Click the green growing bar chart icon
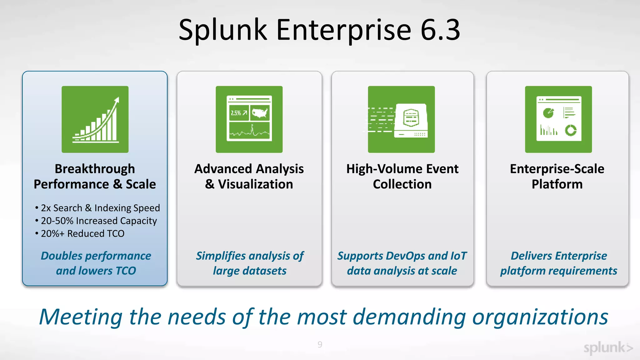[95, 119]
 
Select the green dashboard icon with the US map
[249, 119]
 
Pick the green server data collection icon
[401, 119]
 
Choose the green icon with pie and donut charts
[558, 119]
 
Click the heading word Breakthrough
[95, 169]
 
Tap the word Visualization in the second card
[255, 184]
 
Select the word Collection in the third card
[402, 184]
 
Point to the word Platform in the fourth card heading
[557, 184]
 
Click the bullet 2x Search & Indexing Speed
[100, 208]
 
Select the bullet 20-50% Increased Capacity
[98, 221]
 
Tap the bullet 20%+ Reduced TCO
[82, 234]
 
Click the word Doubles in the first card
[62, 256]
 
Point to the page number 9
[320, 344]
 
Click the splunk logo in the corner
[608, 348]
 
